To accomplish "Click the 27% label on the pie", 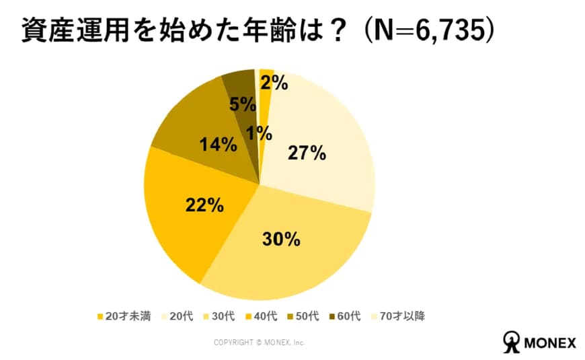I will [308, 153].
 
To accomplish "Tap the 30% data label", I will [282, 239].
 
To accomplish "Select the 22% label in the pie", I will [204, 205].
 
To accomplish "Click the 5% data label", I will [242, 104].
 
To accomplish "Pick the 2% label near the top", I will [274, 83].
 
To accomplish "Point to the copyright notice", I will [259, 343].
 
